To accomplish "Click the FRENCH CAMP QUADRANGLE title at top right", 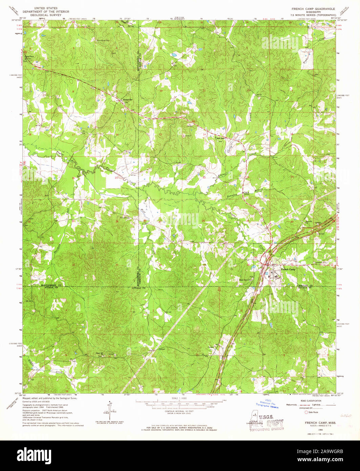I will [x=311, y=9].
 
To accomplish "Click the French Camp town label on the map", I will [x=288, y=269].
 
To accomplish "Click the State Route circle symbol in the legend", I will [x=307, y=412].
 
